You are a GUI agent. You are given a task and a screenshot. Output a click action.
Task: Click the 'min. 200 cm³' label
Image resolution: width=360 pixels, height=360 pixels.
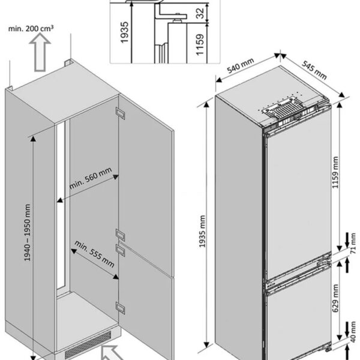(31, 28)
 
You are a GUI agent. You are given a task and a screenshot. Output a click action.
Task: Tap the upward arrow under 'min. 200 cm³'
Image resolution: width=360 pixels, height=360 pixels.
(40, 52)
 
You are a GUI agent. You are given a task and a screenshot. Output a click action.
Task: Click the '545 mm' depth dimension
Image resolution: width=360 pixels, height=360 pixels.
(314, 70)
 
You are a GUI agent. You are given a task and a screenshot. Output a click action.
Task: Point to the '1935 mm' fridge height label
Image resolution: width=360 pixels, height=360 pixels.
(202, 231)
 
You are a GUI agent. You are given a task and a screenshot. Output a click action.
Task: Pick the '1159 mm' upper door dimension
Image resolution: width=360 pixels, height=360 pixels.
(335, 172)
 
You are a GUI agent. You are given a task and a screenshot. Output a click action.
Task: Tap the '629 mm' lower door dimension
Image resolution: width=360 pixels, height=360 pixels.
(335, 298)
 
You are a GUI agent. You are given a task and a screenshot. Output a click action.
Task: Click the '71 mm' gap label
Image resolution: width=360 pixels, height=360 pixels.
(353, 244)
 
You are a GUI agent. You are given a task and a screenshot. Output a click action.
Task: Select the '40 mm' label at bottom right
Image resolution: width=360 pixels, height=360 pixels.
(353, 332)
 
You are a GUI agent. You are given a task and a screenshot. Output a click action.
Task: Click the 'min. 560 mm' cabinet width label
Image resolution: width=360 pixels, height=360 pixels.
(91, 178)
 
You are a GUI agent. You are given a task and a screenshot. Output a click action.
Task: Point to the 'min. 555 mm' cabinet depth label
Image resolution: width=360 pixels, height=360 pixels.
(94, 254)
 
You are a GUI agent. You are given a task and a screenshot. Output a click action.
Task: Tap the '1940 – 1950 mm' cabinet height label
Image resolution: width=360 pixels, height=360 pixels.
(28, 233)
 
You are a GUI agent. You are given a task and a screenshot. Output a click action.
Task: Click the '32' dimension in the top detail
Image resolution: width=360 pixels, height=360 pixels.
(200, 13)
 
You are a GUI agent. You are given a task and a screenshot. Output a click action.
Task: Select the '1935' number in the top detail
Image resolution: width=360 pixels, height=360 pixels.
(124, 32)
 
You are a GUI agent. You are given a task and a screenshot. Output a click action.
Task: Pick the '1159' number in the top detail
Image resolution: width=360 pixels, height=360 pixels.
(200, 44)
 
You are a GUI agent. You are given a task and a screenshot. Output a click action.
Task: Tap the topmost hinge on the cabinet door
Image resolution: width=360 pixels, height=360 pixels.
(121, 113)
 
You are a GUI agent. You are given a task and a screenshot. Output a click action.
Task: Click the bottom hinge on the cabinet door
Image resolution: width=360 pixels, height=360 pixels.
(121, 308)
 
